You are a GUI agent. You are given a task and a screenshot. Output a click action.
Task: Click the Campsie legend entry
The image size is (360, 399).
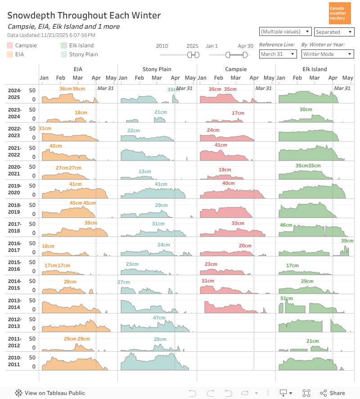26,45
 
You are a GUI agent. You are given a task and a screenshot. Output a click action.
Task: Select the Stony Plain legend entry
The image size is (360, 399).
83,54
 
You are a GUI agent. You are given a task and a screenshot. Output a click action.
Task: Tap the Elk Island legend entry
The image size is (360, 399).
81,45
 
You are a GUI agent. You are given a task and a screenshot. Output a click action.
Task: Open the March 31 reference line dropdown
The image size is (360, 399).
278,54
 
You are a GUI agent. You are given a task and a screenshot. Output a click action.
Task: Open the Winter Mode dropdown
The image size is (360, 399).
327,54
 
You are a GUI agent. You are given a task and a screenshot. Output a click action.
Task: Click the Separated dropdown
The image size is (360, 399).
333,32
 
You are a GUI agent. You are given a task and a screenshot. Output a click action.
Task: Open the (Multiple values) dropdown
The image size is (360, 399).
285,31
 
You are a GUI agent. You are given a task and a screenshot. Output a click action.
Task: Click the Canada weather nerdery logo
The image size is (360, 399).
340,13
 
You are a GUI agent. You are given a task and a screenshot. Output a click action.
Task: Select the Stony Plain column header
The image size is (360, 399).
157,69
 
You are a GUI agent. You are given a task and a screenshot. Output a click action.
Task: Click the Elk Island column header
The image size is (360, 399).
315,69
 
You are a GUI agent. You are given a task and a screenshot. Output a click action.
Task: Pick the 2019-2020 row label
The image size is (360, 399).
14,189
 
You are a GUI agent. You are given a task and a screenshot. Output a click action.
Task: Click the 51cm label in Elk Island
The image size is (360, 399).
287,299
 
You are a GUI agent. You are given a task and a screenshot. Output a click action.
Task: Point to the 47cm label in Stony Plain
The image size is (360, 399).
159,318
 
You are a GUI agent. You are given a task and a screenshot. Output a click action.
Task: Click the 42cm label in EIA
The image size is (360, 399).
56,146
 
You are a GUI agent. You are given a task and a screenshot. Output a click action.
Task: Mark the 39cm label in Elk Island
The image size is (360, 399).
347,241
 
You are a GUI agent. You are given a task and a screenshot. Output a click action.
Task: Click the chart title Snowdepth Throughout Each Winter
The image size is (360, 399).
84,15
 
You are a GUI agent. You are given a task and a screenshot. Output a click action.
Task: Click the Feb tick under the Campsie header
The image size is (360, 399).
219,78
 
